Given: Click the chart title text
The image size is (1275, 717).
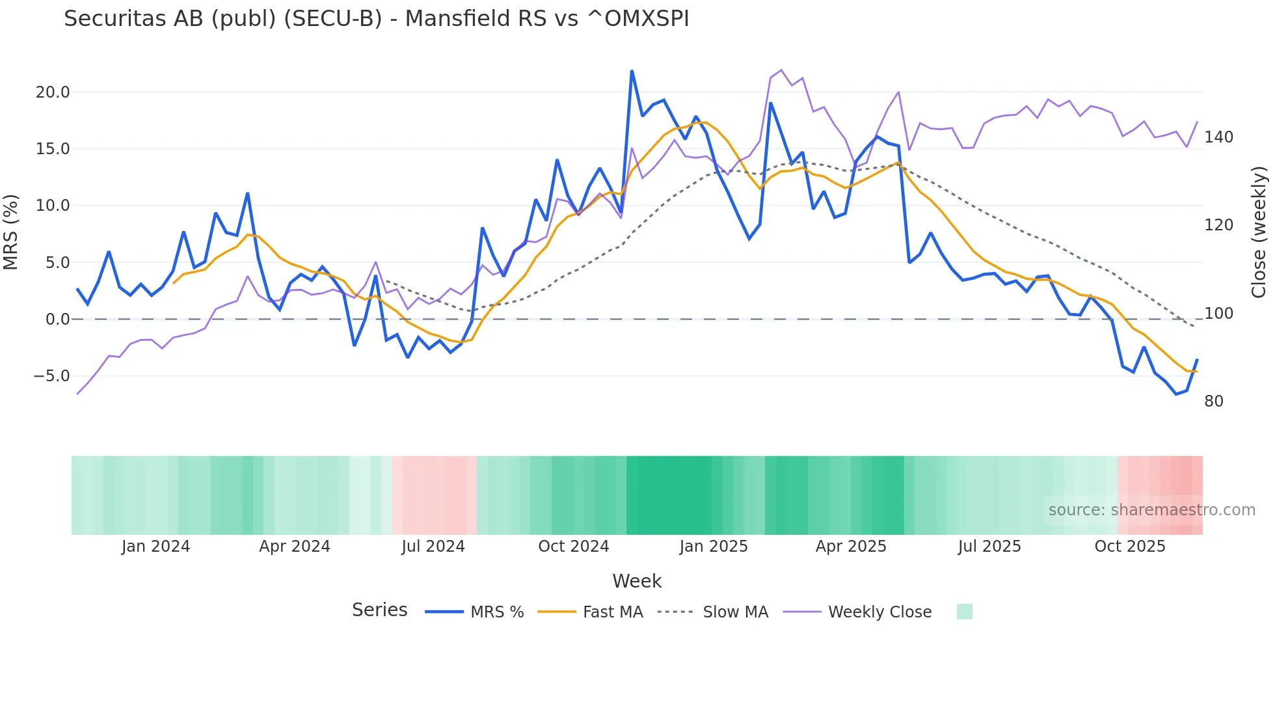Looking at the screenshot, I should [x=376, y=19].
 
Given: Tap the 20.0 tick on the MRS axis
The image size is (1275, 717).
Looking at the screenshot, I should [x=53, y=92].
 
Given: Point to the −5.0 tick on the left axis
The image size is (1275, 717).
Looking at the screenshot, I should [x=51, y=376].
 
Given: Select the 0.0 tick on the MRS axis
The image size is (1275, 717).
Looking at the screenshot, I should [x=58, y=319].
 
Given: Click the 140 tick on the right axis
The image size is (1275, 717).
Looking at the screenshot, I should [x=1218, y=137].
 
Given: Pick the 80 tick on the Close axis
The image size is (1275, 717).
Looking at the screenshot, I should [x=1214, y=401].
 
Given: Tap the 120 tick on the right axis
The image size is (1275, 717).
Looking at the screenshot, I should [x=1218, y=225].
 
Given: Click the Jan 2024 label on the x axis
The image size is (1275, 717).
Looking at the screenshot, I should [x=155, y=547].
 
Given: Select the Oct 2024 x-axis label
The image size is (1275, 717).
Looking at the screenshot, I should [x=573, y=547].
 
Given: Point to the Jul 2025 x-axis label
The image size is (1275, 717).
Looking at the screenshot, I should [x=989, y=547].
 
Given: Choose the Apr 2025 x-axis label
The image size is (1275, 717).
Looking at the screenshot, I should [x=851, y=547].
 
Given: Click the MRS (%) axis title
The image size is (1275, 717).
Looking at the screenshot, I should [x=11, y=232].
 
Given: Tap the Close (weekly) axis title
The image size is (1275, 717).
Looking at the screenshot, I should [x=1259, y=232].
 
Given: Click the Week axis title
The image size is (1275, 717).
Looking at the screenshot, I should [x=637, y=581].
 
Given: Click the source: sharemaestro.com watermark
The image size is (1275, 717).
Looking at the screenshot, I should [x=1151, y=510].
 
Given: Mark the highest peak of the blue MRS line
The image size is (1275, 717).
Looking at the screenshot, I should [x=632, y=71].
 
